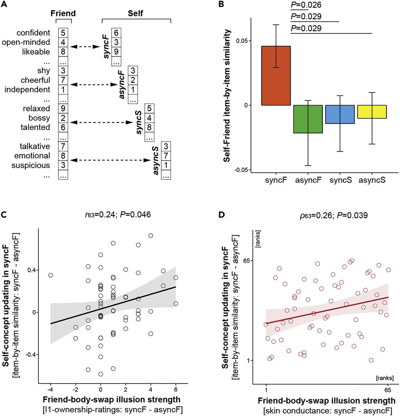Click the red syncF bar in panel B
tap(276, 76)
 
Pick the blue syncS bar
tap(340, 114)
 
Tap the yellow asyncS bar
tap(372, 112)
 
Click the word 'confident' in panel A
tap(37, 33)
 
